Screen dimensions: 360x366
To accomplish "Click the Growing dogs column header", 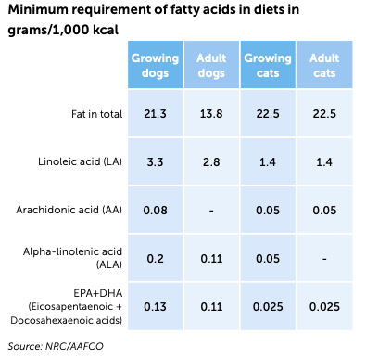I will (x=155, y=64).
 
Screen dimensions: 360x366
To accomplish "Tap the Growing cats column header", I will (x=268, y=64).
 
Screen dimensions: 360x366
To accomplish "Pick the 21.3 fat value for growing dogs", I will (x=155, y=114).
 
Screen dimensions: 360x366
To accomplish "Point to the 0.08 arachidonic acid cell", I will (x=155, y=211).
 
